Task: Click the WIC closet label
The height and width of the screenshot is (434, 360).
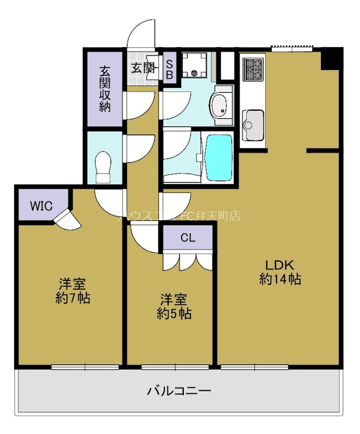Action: click(41, 206)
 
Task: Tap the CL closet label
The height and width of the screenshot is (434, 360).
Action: click(188, 237)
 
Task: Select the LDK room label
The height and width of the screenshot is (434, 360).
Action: click(279, 265)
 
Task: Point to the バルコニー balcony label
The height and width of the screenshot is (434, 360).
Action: click(178, 390)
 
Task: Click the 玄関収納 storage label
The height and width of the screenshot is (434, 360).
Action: click(105, 88)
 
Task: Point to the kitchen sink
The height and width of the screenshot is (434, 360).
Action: click(253, 121)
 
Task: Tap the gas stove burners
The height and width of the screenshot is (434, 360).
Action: click(252, 68)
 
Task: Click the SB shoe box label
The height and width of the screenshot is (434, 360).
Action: click(169, 69)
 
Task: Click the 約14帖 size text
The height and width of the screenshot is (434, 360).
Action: click(280, 280)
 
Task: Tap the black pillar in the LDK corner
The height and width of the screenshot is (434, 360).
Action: click(331, 58)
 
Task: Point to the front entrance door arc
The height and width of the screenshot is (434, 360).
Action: click(141, 34)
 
